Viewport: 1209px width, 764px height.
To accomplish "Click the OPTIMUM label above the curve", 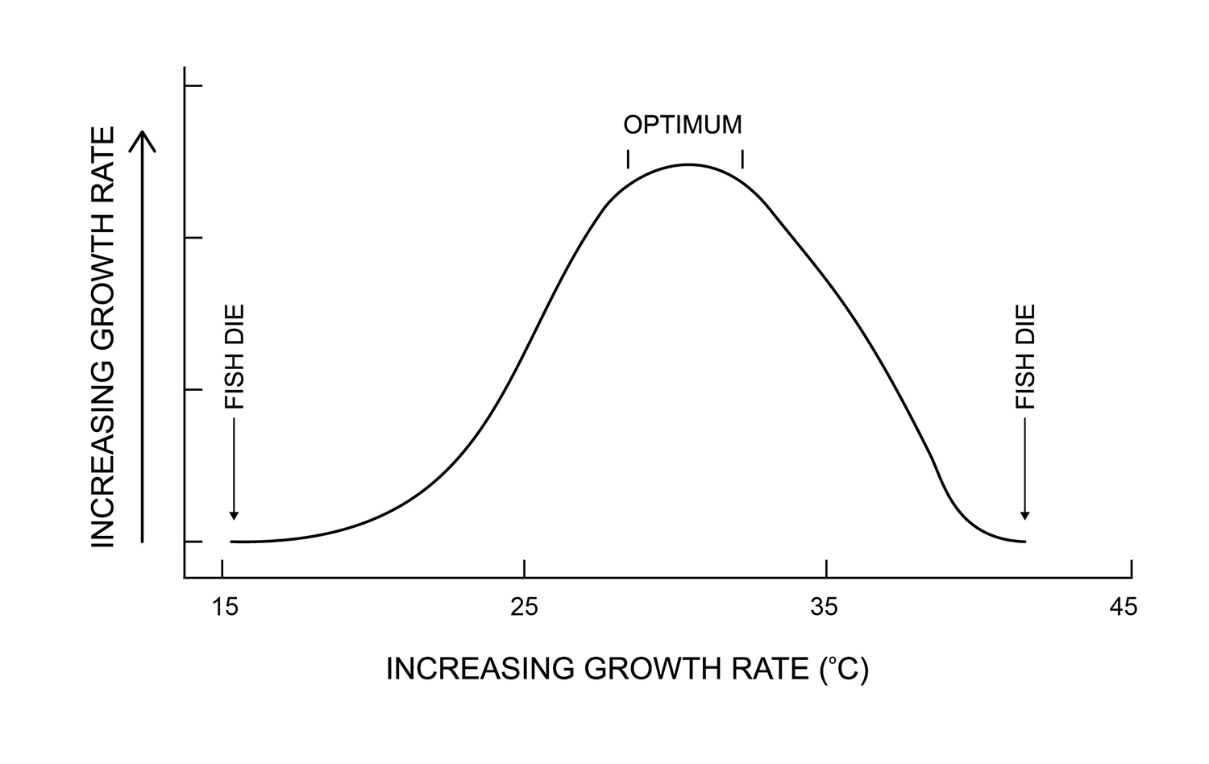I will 682,125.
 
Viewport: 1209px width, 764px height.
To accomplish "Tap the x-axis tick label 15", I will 226,606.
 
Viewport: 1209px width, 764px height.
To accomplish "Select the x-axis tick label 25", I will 524,606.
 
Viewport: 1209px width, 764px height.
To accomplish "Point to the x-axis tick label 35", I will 824,606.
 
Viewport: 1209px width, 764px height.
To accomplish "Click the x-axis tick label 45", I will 1123,606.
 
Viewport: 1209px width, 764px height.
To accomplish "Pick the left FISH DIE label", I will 234,356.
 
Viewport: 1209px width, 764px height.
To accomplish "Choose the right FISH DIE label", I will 1024,356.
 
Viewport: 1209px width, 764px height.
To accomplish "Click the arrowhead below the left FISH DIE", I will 234,515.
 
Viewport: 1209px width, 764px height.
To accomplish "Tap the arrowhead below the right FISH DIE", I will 1024,515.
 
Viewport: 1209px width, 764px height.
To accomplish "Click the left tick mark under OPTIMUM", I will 628,159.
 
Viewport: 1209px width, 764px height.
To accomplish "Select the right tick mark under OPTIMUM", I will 742,159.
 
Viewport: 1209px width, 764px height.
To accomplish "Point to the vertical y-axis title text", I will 103,336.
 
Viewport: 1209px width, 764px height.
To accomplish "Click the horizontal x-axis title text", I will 627,669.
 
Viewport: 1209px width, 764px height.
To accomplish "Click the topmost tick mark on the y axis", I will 193,85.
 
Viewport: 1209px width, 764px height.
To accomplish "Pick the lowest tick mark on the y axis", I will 193,542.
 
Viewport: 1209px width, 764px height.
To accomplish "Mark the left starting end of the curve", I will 232,542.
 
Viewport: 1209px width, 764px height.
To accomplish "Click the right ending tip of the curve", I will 1024,541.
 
